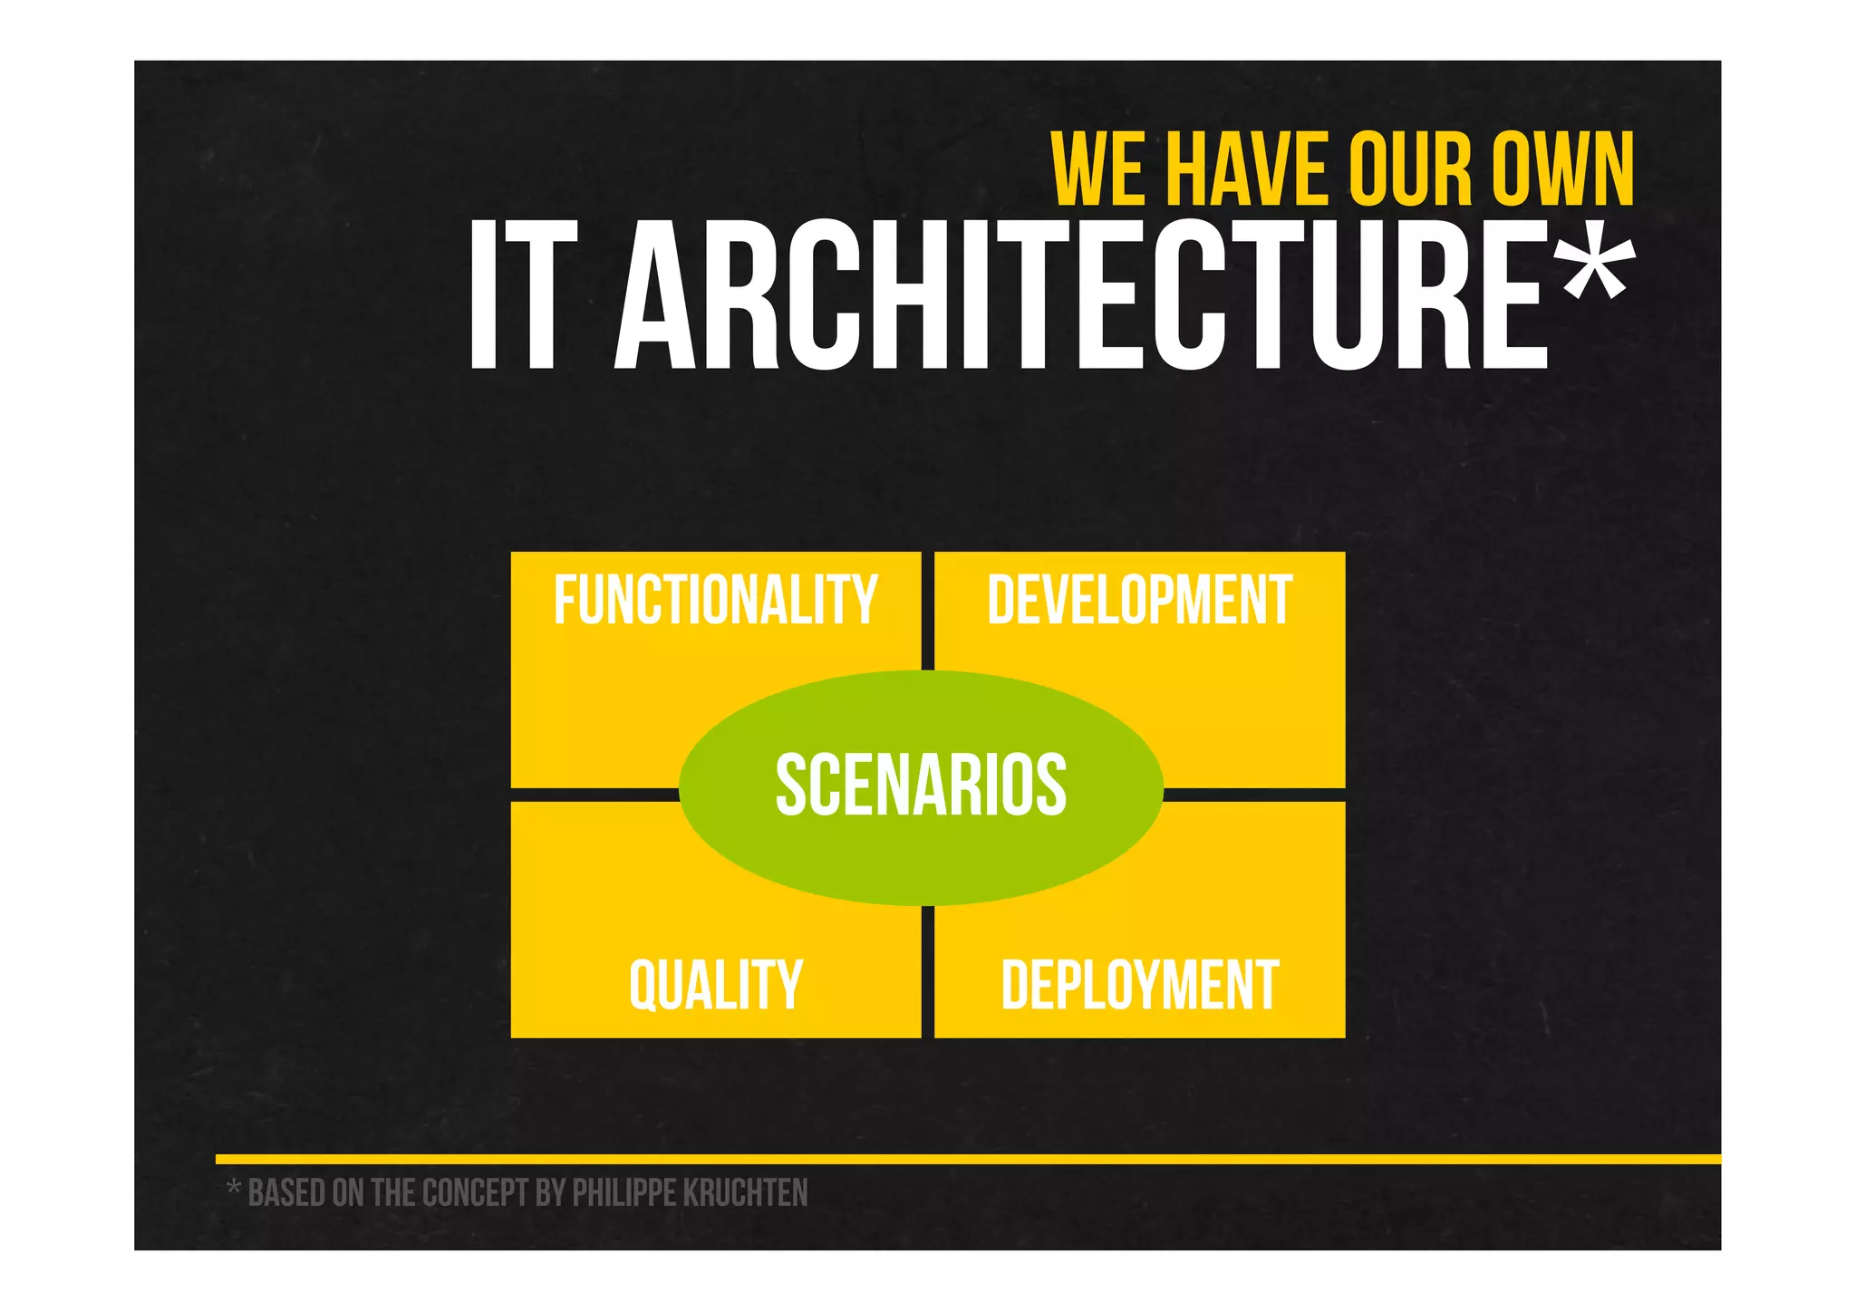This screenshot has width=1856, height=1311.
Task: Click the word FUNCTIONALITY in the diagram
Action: [x=715, y=600]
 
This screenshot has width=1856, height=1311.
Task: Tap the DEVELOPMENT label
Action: [x=1139, y=600]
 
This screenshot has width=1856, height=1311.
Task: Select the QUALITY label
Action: [x=715, y=985]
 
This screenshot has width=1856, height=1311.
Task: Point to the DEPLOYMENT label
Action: [x=1139, y=985]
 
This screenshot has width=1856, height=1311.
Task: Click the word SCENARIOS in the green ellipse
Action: [x=921, y=786]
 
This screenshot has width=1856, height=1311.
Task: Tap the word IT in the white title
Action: [x=523, y=296]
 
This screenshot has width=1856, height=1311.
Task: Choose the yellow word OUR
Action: [x=1410, y=169]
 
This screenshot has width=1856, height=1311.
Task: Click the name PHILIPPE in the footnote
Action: [x=623, y=1193]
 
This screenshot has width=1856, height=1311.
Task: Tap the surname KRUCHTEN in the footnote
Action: [x=745, y=1193]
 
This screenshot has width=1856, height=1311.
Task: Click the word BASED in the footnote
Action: [x=286, y=1193]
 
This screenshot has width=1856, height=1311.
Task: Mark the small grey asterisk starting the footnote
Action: [x=233, y=1187]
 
